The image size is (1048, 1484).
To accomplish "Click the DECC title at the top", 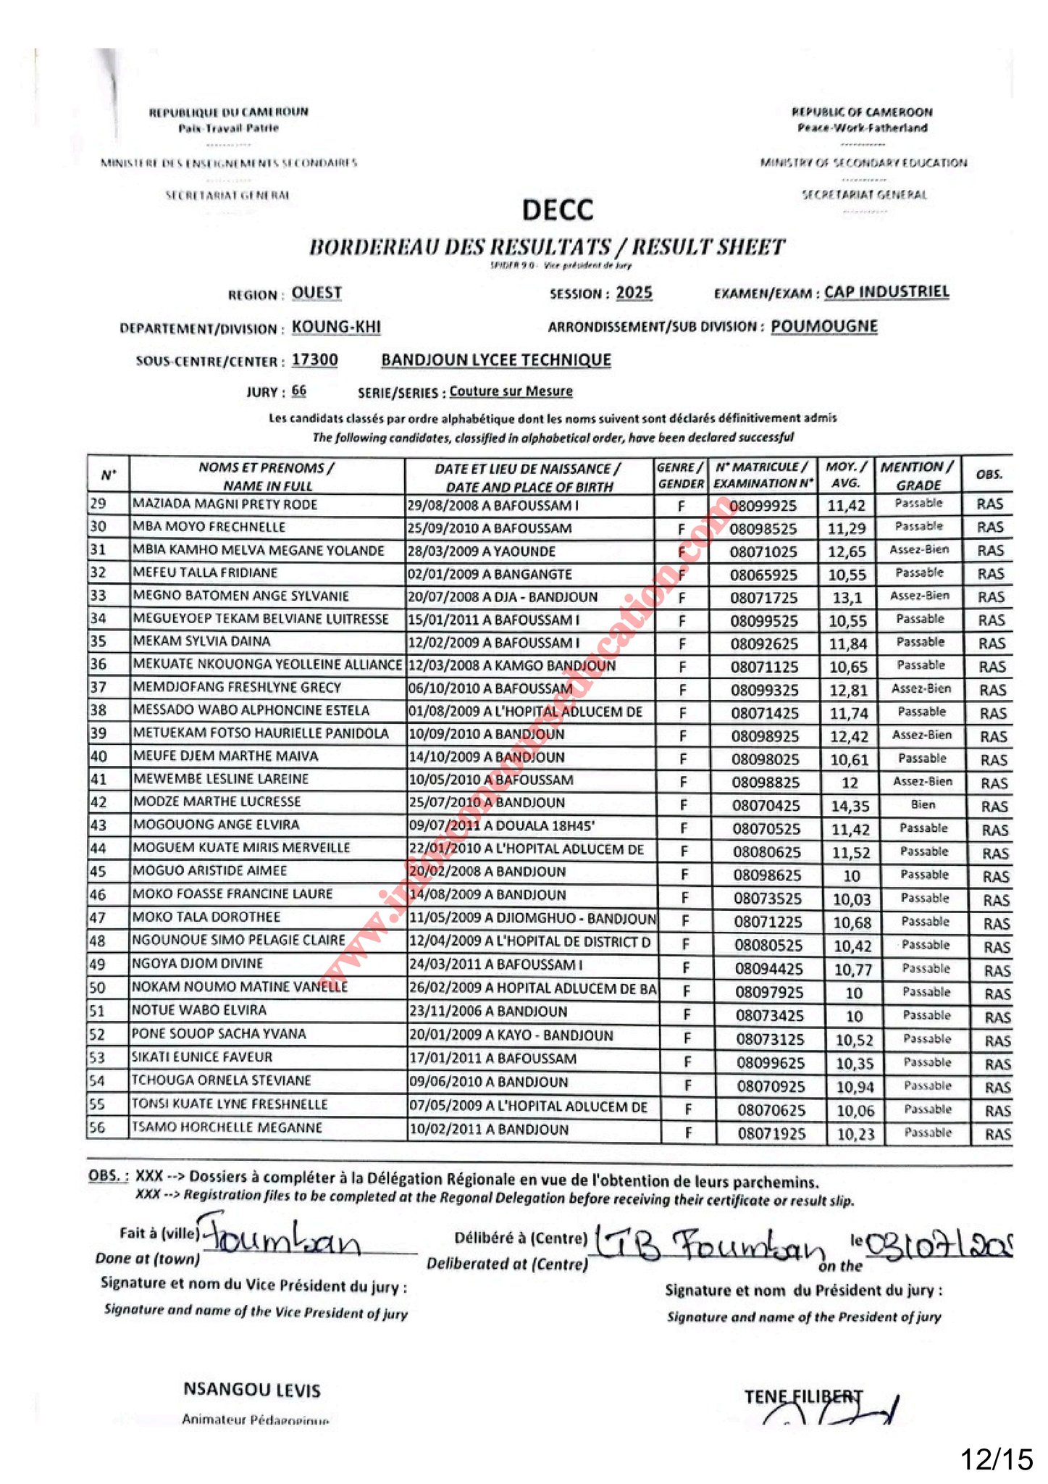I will point(557,210).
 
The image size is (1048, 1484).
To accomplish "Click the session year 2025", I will point(634,293).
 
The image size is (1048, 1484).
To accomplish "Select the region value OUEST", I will point(317,293).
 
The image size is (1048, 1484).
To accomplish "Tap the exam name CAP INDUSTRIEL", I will point(886,292).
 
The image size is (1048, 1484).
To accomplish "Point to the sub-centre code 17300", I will point(314,360).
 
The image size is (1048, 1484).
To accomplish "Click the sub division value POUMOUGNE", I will point(823,326).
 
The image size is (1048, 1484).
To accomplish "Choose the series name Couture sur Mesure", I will point(511,391).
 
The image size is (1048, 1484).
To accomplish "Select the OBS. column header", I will point(989,475).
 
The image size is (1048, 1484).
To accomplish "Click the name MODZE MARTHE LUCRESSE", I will point(217,802).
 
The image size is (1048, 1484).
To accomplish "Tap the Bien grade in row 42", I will point(923,804).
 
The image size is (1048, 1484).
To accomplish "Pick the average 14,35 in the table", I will point(849,806).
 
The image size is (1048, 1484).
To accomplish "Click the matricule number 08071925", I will point(771,1134).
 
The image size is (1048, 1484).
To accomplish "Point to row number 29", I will point(98,504).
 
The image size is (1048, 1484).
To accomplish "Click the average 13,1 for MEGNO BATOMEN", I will point(847,598).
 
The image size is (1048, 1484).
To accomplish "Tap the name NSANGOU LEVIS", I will point(251,1390).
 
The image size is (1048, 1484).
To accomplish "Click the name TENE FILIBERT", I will point(803,1396).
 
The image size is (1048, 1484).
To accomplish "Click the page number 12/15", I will point(996,1459).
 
